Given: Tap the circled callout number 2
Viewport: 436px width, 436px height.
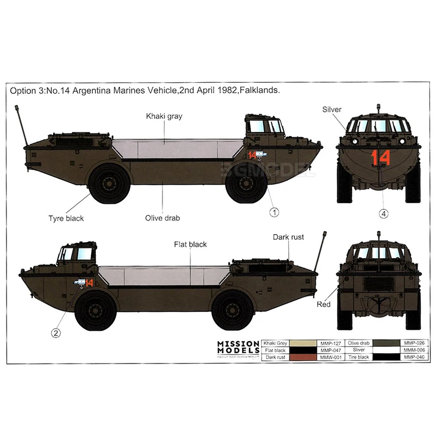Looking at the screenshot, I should coord(56,332).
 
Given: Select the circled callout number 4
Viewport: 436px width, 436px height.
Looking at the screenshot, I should coord(384,214).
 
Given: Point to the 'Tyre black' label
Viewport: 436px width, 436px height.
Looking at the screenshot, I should coord(66,218).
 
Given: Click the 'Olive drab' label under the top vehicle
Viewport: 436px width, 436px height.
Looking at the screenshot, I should coord(162,218).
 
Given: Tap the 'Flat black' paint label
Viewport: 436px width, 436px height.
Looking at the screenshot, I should coord(190,245).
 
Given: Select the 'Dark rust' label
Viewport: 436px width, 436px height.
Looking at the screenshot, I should coord(288,237).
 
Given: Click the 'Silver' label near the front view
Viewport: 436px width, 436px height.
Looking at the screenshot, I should coord(331,110).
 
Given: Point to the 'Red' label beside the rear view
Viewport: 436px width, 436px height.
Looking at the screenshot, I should coord(324,305).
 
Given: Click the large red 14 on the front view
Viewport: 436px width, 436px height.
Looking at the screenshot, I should coord(381,158).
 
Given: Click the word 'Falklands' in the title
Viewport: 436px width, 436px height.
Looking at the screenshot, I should coord(260,91).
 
